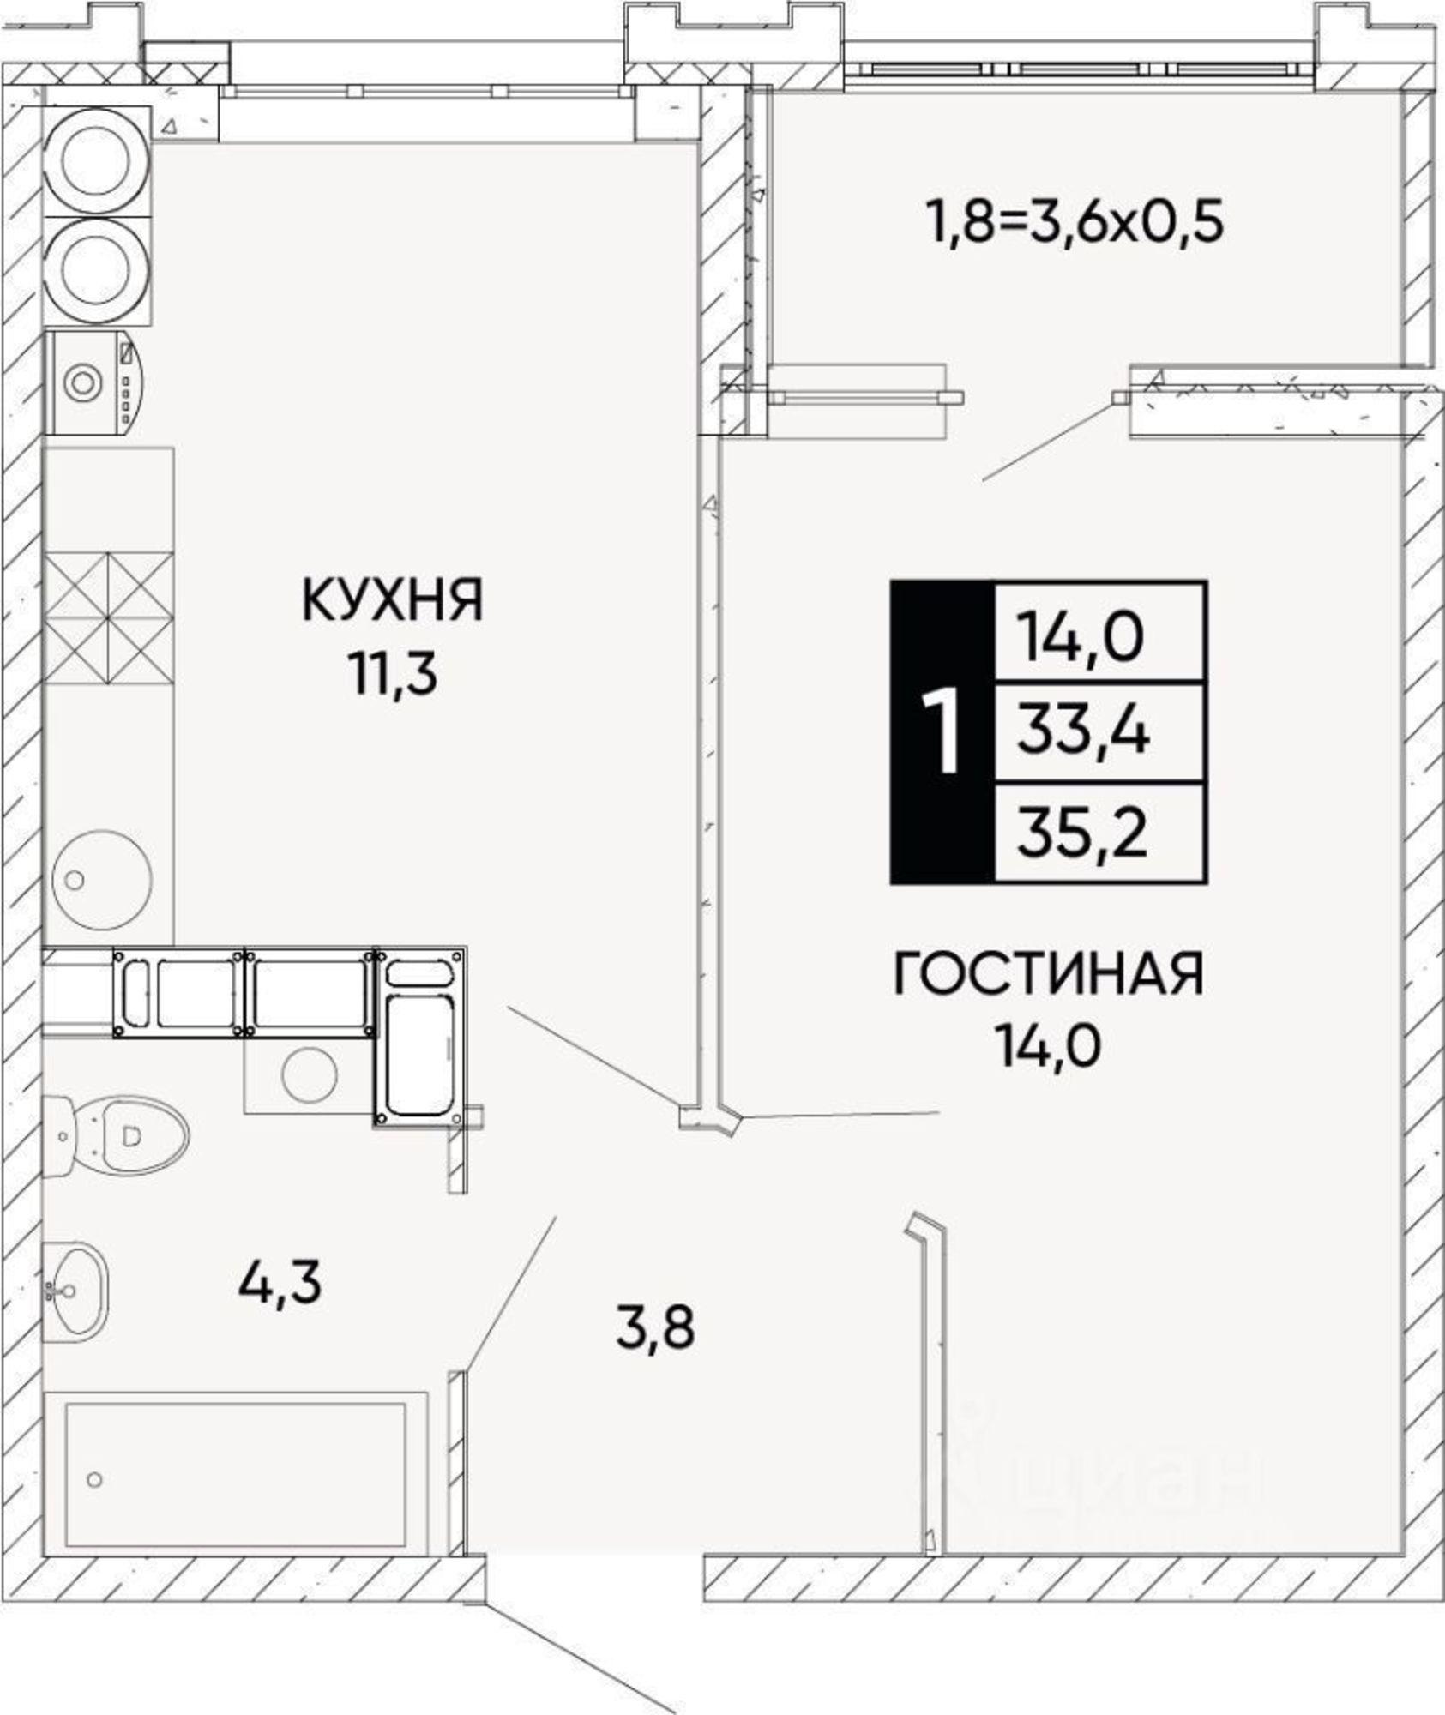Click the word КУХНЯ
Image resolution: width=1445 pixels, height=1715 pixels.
[393, 600]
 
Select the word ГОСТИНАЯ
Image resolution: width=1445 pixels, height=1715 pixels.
[1048, 975]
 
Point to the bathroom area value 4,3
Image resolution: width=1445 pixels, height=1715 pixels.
[280, 1284]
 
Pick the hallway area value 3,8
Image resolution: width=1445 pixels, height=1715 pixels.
[655, 1327]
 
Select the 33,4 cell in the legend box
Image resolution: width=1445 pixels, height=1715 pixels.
[1083, 733]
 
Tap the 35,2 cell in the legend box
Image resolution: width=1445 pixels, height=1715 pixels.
[1083, 833]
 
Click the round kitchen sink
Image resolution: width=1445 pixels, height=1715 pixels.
[102, 878]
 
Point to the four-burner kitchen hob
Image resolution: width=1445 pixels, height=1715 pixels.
[108, 617]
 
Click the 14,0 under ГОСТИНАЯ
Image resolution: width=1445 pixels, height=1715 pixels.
[1047, 1047]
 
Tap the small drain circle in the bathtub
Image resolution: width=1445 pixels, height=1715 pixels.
[95, 1479]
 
